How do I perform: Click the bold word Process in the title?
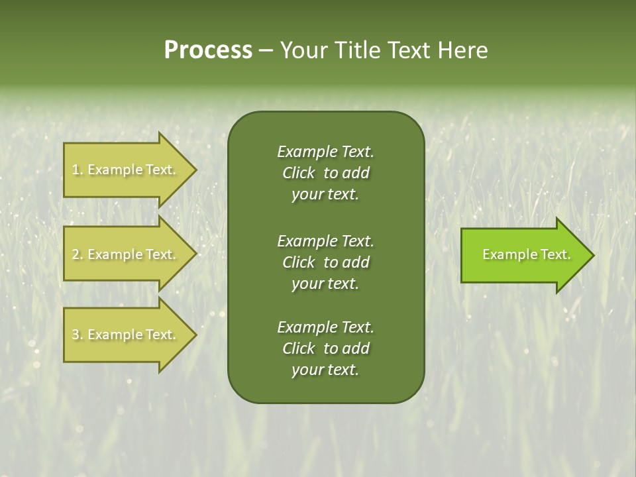208,50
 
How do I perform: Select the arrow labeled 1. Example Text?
126,170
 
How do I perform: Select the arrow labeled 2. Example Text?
126,254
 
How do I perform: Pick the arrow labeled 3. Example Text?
126,335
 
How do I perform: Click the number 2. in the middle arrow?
78,254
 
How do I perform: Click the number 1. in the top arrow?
78,170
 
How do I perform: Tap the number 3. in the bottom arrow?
78,335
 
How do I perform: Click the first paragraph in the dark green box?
325,173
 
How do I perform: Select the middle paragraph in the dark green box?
325,262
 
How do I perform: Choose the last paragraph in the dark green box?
325,348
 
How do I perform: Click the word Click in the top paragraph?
299,173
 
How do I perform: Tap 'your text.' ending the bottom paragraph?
325,370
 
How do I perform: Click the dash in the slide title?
266,51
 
